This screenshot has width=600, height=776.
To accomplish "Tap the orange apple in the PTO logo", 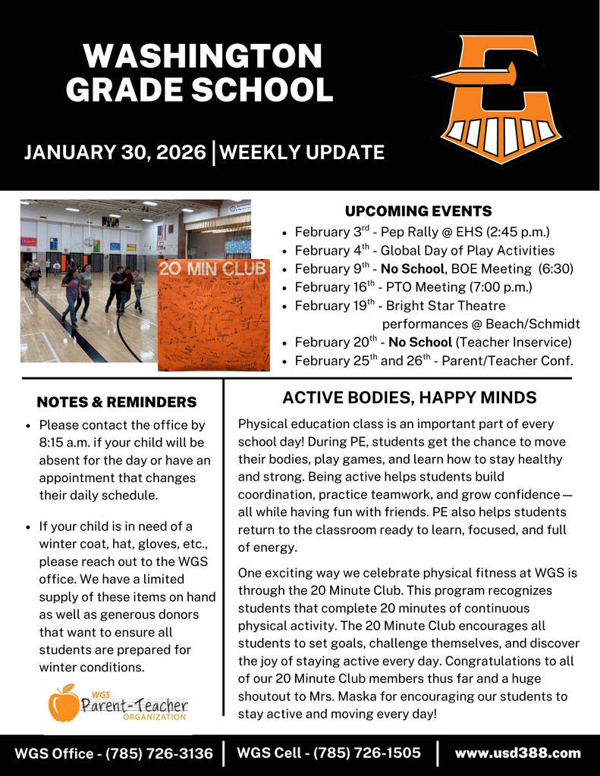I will coord(64,702).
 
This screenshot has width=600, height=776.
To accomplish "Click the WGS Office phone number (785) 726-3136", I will coord(159,753).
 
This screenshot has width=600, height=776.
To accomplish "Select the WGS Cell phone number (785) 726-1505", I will coord(366,753).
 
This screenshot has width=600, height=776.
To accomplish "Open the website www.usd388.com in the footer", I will coord(517,753).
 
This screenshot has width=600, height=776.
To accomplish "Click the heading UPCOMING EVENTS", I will coord(419,211).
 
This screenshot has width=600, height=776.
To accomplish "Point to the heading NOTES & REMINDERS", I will coord(116,402).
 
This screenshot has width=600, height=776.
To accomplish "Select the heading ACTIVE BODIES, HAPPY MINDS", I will coord(409,398).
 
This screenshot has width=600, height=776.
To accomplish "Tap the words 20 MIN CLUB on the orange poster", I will coord(212,269).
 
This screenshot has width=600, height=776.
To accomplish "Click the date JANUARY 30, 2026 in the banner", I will coord(115,152).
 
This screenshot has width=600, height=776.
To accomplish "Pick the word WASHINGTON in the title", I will coord(203,57).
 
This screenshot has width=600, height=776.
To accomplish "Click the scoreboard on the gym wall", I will coord(111,222).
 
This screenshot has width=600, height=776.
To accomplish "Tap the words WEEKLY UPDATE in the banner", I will coord(302,152).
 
